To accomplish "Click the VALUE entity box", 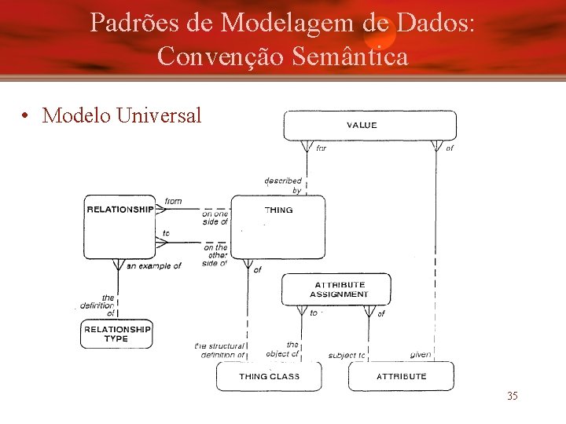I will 369,125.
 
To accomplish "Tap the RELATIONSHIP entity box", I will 119,226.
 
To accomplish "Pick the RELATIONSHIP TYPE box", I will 116,334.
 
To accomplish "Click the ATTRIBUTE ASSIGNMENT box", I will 339,290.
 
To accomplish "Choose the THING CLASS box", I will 269,376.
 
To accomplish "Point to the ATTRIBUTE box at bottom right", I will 401,376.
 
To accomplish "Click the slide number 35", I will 512,396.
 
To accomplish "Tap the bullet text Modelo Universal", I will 122,115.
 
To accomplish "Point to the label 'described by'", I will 284,185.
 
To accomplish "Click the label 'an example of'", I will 153,266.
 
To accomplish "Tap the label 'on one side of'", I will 215,217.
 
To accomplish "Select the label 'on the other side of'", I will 215,255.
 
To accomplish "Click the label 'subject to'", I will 346,355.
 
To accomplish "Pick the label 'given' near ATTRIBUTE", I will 421,354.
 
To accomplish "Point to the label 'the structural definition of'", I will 221,350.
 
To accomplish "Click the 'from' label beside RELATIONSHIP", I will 173,201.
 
